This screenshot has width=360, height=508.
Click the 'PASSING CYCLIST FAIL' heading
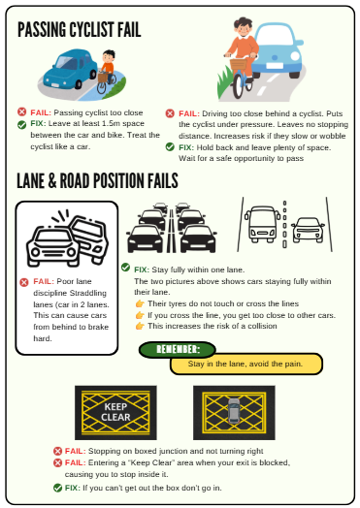click(80, 29)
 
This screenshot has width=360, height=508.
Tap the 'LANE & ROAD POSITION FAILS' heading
click(97, 180)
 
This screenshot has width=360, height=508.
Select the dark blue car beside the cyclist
click(70, 69)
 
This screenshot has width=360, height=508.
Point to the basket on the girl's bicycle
click(239, 64)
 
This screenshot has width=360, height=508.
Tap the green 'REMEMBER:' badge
click(177, 350)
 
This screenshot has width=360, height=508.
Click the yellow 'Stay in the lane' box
click(246, 364)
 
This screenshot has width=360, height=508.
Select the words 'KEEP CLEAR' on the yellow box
click(115, 412)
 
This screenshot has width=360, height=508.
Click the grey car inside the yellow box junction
click(234, 411)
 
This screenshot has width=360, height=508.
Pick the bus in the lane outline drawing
click(262, 224)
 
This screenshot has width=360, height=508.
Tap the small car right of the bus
click(308, 230)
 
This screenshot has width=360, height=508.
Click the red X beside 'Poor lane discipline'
click(24, 282)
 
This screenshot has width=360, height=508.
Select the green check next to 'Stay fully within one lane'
click(125, 268)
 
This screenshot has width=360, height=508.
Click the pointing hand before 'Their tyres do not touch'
click(140, 303)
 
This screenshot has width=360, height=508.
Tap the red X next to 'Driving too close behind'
click(170, 113)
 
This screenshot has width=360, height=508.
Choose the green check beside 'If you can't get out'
click(57, 488)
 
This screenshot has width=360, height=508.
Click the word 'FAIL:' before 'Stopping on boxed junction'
click(76, 451)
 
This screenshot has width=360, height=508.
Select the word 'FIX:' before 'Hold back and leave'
click(186, 147)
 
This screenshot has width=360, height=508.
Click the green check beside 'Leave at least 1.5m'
click(21, 125)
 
